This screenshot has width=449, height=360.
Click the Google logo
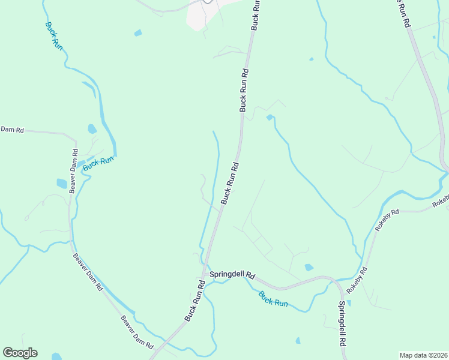pos(20,353)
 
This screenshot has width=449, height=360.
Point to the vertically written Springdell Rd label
pos(341,322)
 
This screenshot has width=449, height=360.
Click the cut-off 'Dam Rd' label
pos(11,129)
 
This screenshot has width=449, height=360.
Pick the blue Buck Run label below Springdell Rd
pos(273,299)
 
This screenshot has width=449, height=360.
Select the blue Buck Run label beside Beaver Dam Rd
pos(98,163)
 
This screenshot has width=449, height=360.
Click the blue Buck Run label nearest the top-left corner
pos(53,35)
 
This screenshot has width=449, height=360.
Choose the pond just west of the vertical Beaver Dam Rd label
pos(62,183)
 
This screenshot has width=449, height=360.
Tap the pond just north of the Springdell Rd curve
pos(309,267)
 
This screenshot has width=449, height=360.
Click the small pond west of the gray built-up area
pos(138,32)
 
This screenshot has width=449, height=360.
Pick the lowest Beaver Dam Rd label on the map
pos(137,333)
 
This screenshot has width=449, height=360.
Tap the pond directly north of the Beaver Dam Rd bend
pos(92,128)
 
